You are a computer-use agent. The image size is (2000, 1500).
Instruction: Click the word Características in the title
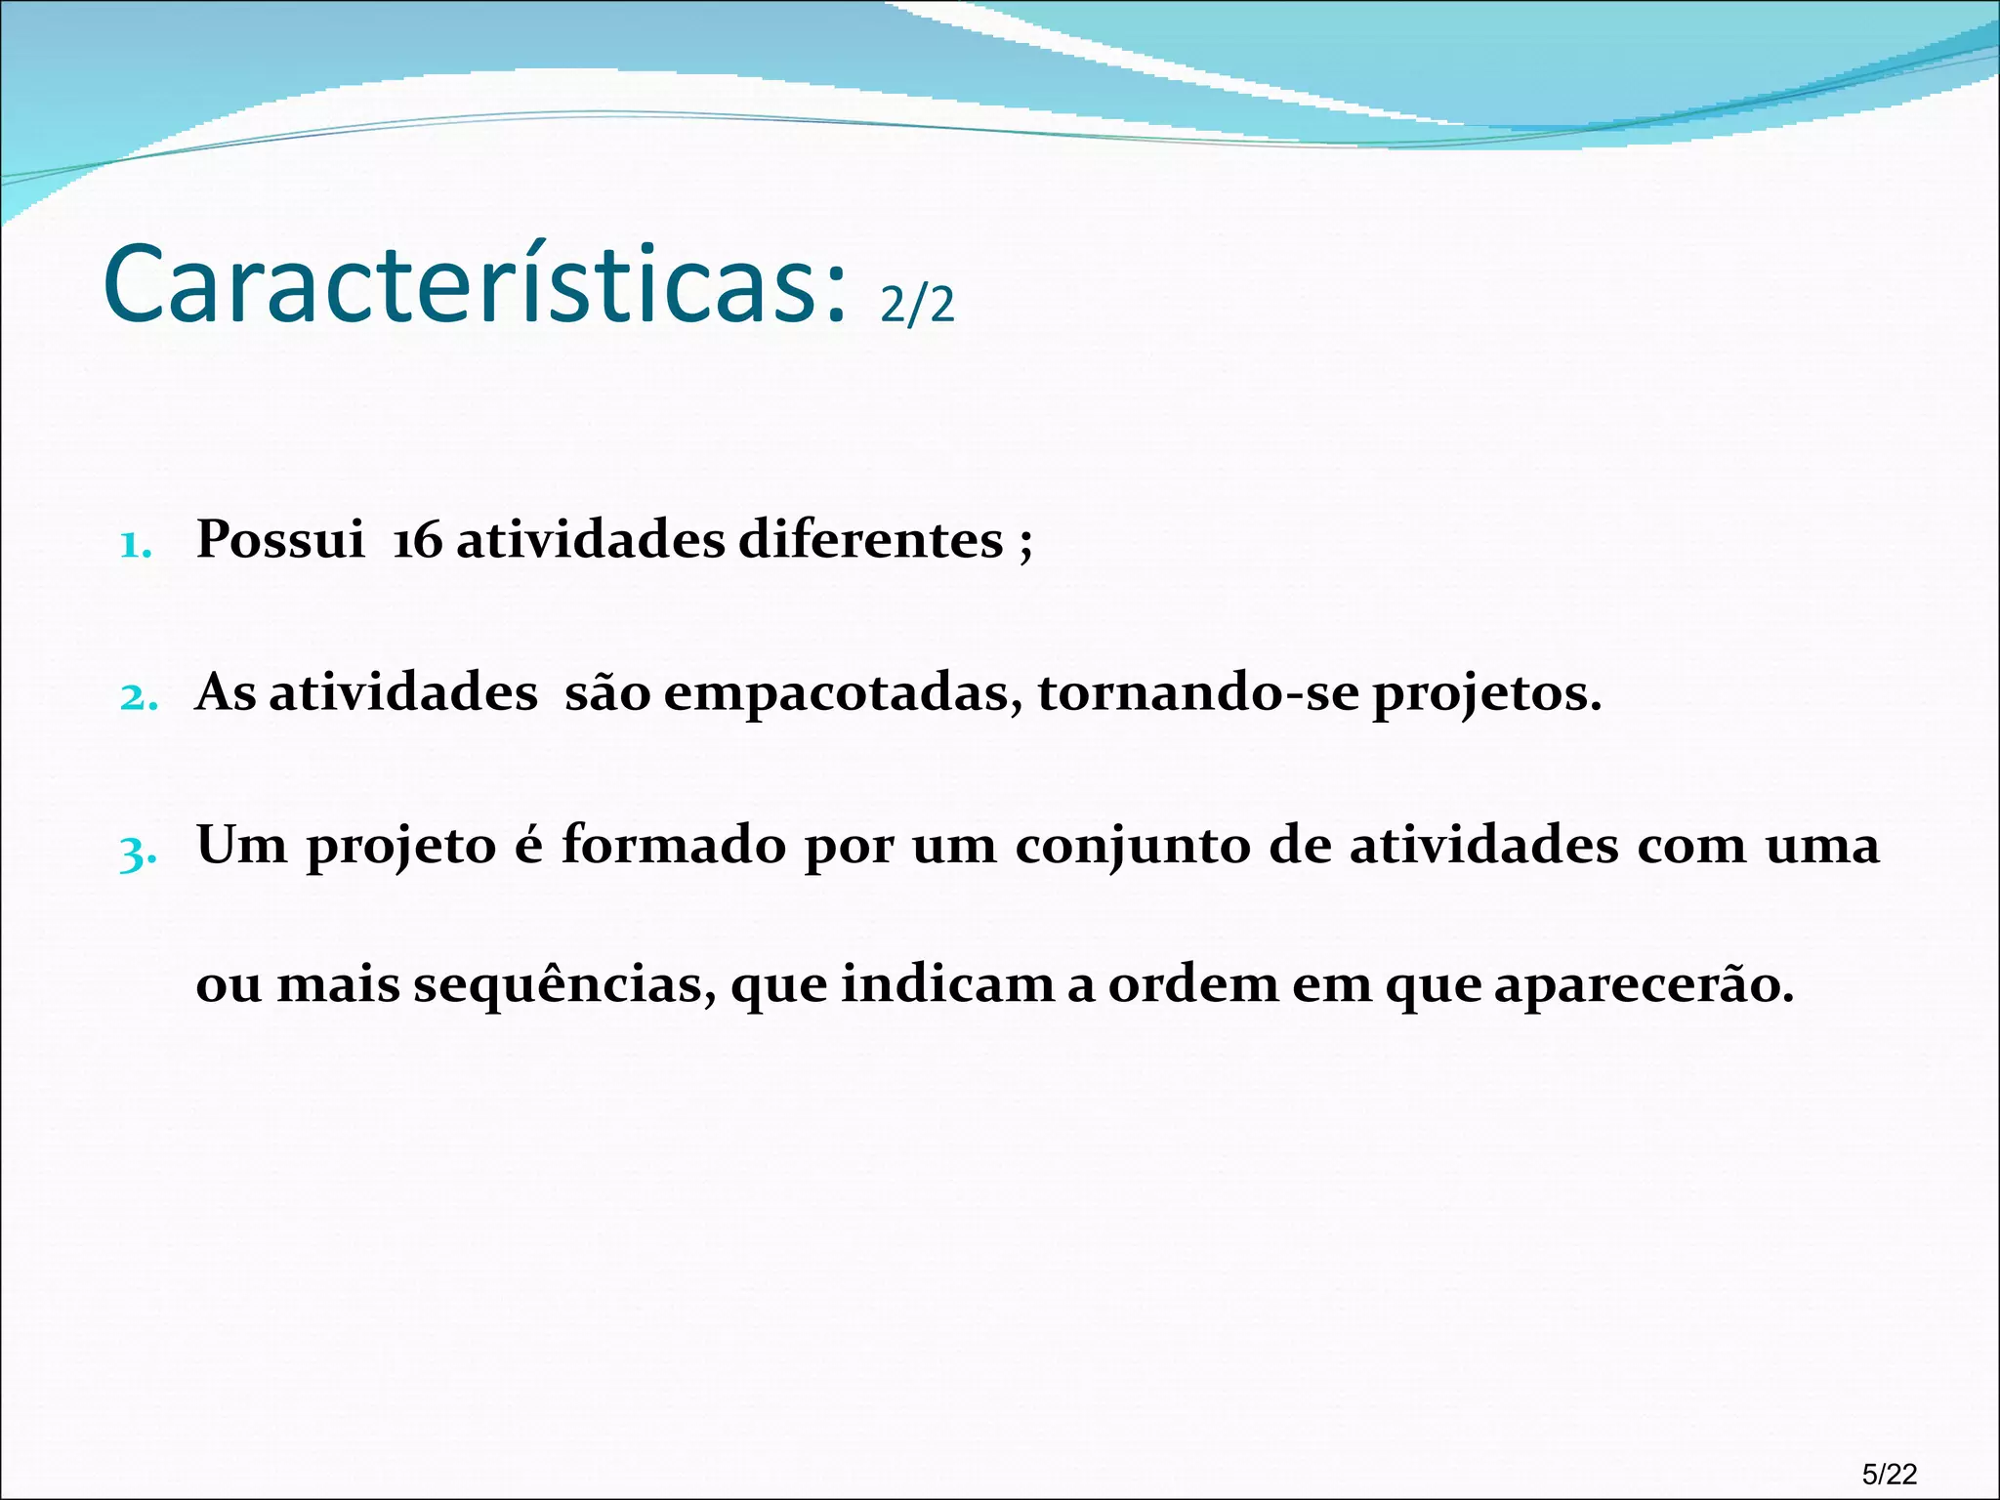pyautogui.click(x=473, y=285)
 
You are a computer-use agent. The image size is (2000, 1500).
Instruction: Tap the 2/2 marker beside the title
pyautogui.click(x=917, y=306)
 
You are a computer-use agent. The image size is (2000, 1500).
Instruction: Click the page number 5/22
pyautogui.click(x=1890, y=1474)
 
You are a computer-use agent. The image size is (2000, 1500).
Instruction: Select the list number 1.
pyautogui.click(x=136, y=545)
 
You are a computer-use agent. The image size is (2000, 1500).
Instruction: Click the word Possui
pyautogui.click(x=280, y=540)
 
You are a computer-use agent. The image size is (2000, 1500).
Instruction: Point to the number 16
pyautogui.click(x=417, y=540)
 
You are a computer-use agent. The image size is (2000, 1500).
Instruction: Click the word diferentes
pyautogui.click(x=871, y=540)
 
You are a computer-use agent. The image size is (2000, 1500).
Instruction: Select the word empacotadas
pyautogui.click(x=844, y=694)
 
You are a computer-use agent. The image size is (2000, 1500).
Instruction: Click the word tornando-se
pyautogui.click(x=1198, y=694)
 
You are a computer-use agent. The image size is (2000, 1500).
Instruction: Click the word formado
pyautogui.click(x=674, y=845)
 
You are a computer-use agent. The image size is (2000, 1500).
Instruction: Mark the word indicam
pyautogui.click(x=947, y=984)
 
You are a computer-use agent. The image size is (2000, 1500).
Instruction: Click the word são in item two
pyautogui.click(x=607, y=694)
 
